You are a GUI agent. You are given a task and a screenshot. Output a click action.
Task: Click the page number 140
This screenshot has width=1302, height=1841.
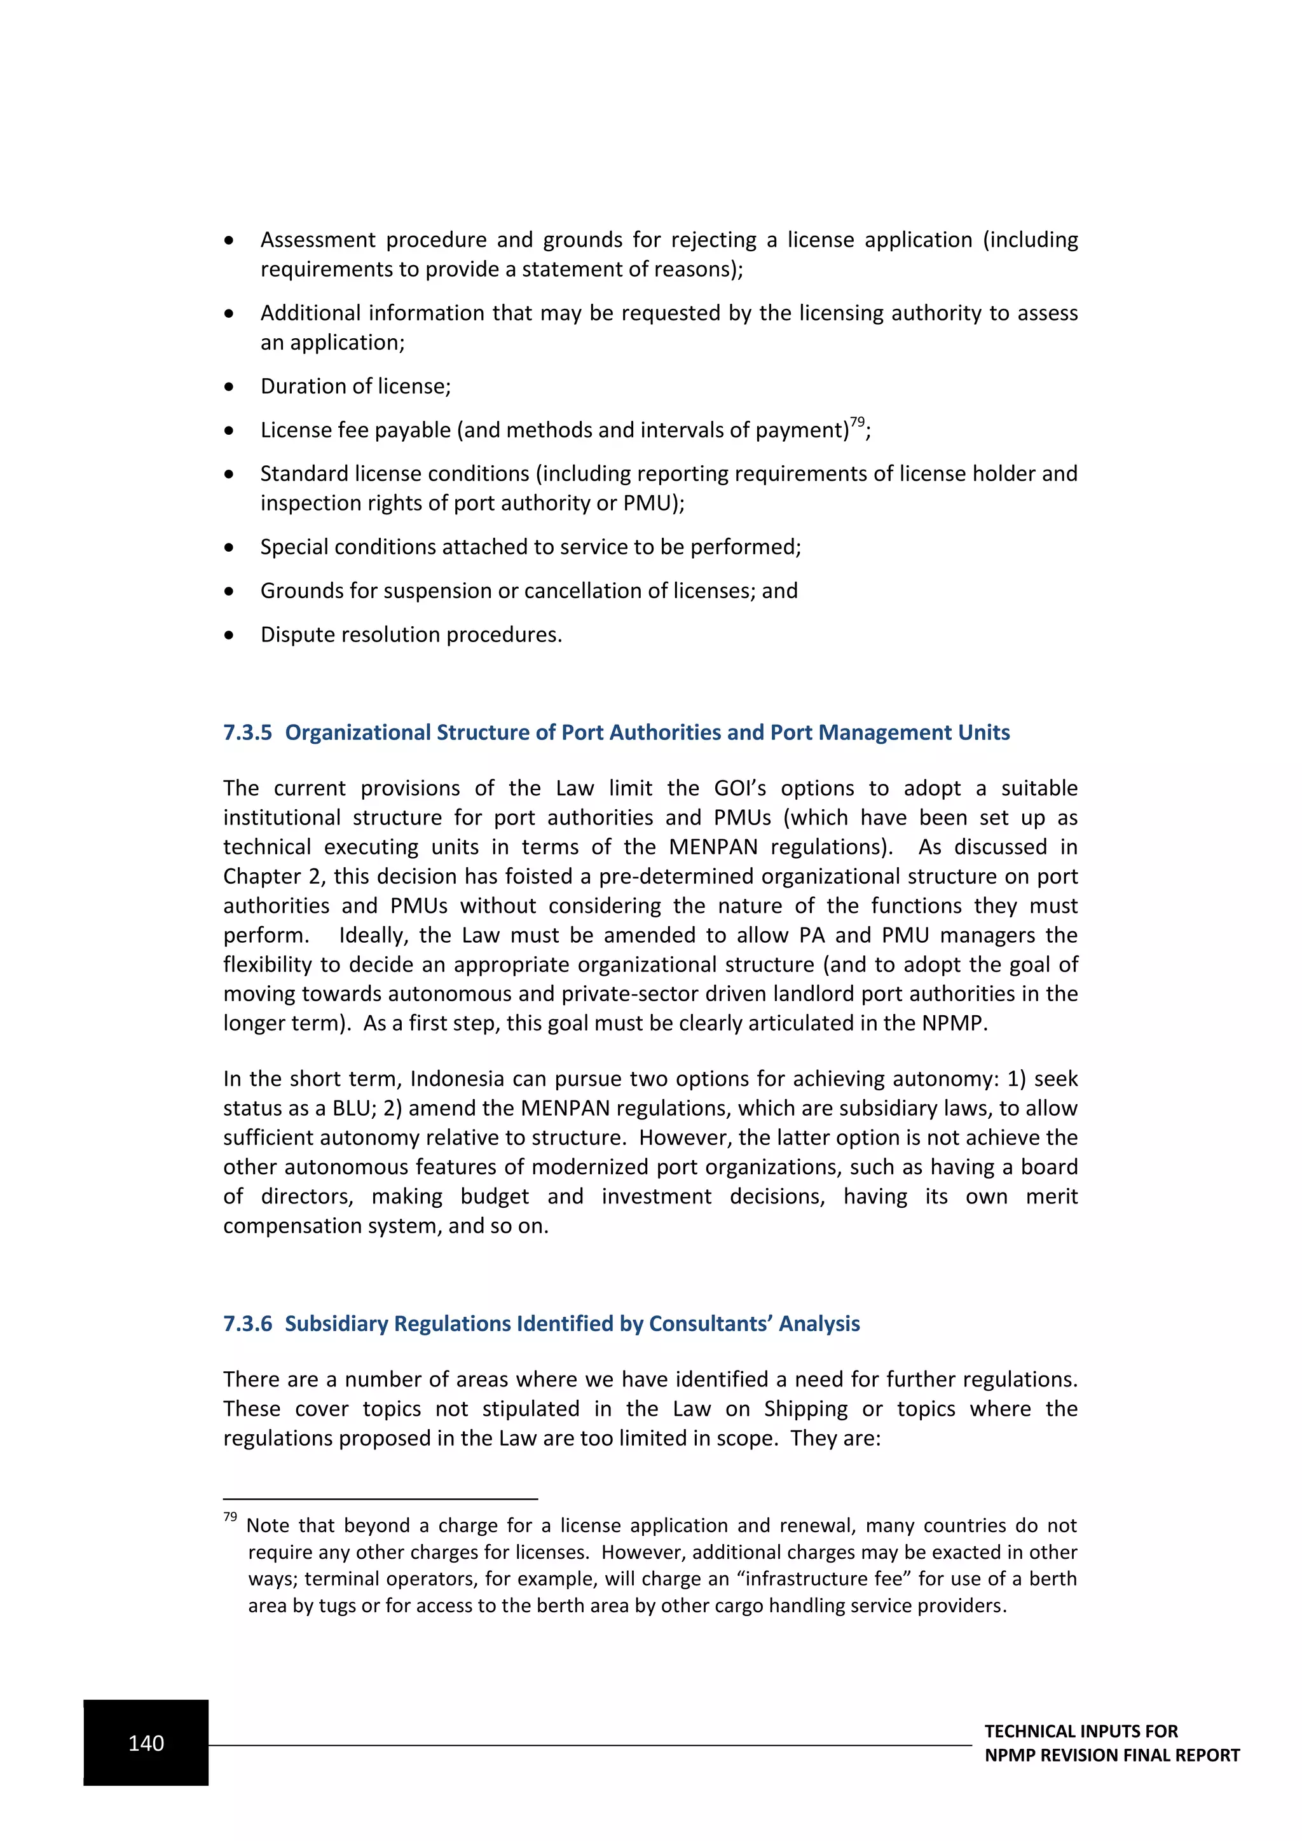(x=146, y=1743)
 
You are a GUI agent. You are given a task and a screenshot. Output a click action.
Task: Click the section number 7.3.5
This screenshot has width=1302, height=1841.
(x=248, y=732)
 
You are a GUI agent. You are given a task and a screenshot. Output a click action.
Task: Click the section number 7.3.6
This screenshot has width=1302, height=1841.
(x=248, y=1323)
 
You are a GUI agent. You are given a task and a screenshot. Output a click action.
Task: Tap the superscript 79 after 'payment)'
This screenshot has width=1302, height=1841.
(x=857, y=421)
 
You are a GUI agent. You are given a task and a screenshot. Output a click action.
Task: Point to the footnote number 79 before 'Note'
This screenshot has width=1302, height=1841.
(x=230, y=1516)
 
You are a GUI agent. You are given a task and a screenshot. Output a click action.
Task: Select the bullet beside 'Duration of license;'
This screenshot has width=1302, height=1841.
(x=230, y=387)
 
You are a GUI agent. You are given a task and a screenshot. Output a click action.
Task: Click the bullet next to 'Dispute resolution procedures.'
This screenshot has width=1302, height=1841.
(x=230, y=636)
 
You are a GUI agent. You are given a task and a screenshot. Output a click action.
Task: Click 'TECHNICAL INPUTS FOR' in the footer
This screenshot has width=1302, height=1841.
(x=1081, y=1731)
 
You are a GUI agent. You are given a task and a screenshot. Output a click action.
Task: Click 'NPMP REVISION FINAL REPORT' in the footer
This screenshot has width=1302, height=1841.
(x=1111, y=1755)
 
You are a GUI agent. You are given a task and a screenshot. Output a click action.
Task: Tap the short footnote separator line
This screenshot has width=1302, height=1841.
(x=380, y=1498)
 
